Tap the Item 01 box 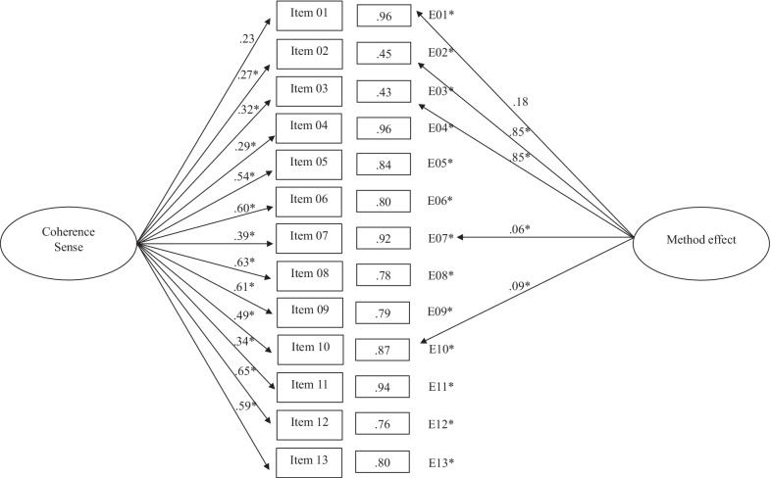point(308,17)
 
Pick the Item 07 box point(308,238)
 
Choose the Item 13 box point(308,459)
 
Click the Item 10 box point(308,349)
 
